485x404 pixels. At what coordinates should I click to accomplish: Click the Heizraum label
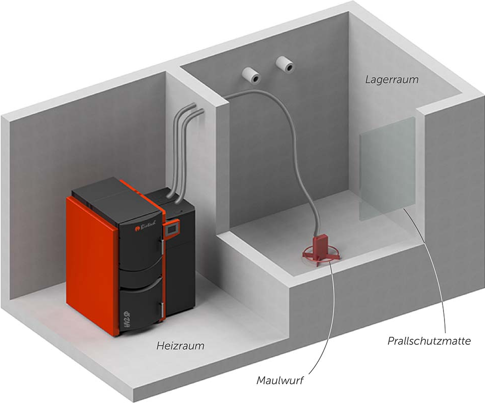(180, 346)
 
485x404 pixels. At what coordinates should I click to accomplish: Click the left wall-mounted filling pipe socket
(251, 74)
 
